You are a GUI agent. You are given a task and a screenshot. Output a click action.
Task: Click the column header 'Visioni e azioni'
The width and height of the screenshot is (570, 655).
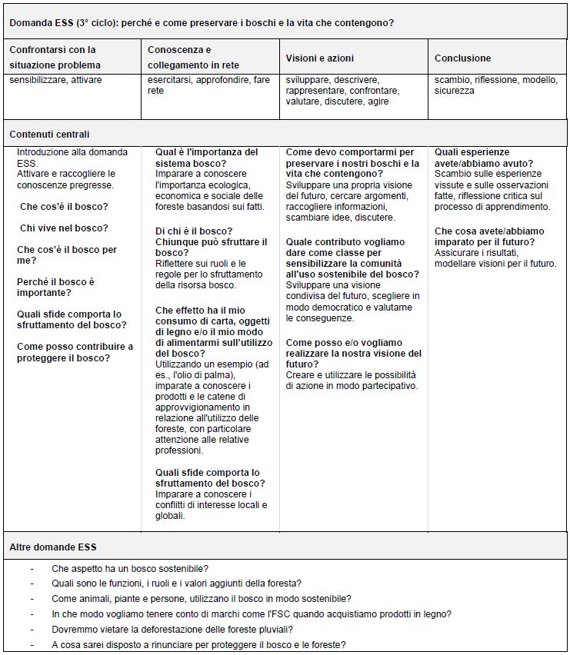(x=319, y=58)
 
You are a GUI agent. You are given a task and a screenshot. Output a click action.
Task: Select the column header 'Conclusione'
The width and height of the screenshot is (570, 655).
(x=462, y=58)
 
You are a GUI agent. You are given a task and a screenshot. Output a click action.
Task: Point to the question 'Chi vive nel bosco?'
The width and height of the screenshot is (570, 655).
(x=64, y=228)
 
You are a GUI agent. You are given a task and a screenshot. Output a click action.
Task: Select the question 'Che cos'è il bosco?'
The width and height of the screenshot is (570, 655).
(x=64, y=207)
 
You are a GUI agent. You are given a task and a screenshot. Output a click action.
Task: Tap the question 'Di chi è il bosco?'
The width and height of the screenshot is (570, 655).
(x=194, y=231)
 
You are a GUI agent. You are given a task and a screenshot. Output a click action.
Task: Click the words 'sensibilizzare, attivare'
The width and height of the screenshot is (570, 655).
(x=55, y=80)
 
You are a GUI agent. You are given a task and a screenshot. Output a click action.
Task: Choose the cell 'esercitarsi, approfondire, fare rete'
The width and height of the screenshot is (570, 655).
(x=208, y=85)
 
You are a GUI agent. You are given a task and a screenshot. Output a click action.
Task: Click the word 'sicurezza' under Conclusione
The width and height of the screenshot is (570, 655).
(x=455, y=91)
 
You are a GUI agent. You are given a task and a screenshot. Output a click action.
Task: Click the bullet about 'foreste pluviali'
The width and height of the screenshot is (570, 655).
(x=179, y=630)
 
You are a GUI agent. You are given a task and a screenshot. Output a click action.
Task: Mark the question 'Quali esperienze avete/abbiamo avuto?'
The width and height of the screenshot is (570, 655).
(x=483, y=158)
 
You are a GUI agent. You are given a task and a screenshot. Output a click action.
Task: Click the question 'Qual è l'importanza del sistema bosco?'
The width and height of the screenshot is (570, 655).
(x=206, y=158)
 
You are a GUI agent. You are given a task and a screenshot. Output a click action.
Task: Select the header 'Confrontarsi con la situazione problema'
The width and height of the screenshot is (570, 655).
(x=54, y=58)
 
